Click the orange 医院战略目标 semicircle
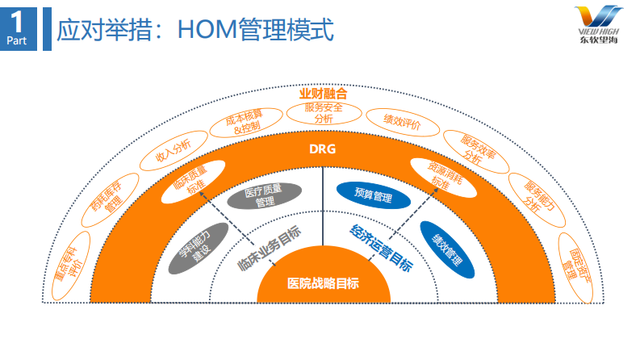323,283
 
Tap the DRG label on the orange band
322,150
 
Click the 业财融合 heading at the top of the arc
323,94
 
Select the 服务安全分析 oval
323,112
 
